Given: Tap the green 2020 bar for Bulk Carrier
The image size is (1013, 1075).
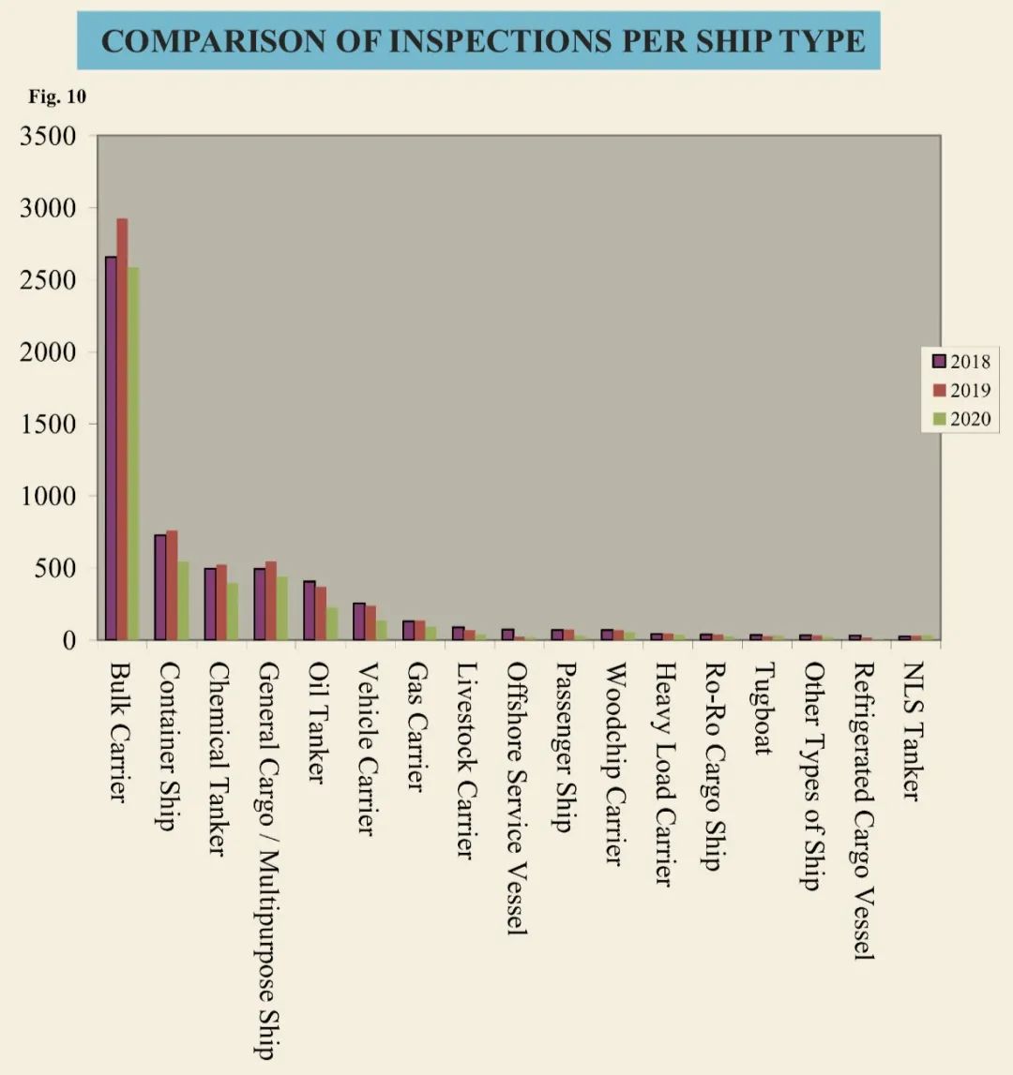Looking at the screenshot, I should [x=133, y=454].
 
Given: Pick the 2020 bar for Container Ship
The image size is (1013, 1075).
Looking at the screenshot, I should [x=183, y=601].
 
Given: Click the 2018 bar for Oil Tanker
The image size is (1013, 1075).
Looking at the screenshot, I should [x=310, y=610].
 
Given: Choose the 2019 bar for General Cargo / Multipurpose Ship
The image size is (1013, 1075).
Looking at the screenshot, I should [x=271, y=601].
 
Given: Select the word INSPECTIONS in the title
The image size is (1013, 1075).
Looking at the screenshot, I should [x=478, y=41].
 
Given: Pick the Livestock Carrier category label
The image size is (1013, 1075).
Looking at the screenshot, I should [x=463, y=759].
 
